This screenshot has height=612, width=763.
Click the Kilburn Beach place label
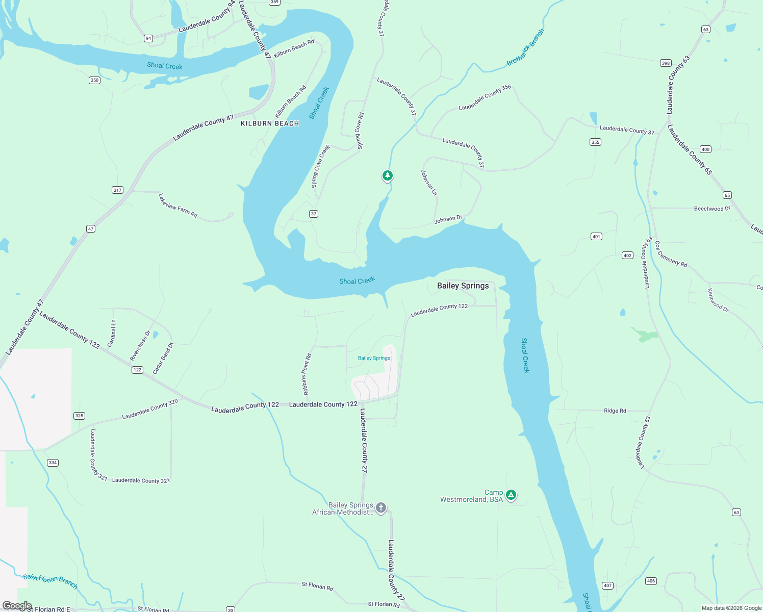tap(270, 123)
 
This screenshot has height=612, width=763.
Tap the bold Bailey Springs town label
tap(463, 286)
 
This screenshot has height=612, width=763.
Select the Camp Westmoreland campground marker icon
tap(511, 495)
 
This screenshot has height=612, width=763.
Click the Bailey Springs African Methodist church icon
tap(381, 507)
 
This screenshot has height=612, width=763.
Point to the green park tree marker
tap(388, 175)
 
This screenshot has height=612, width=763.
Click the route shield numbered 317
tap(117, 190)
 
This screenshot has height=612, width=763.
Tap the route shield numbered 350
tap(94, 80)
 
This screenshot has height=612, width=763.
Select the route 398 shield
tap(666, 63)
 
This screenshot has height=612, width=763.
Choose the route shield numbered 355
tap(595, 142)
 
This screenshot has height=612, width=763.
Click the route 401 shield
tap(596, 237)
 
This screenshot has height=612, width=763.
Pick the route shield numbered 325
tap(79, 416)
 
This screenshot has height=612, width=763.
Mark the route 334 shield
tap(53, 463)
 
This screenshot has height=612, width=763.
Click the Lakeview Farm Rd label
tap(177, 206)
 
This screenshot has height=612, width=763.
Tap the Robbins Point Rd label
tap(307, 374)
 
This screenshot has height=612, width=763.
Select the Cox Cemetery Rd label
tap(671, 254)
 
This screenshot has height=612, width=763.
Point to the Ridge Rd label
tap(615, 411)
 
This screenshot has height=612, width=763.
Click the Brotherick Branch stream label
tap(525, 47)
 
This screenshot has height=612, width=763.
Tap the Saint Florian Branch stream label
tap(50, 581)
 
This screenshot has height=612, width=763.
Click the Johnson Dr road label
tap(448, 219)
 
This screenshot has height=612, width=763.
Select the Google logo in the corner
tap(17, 606)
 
